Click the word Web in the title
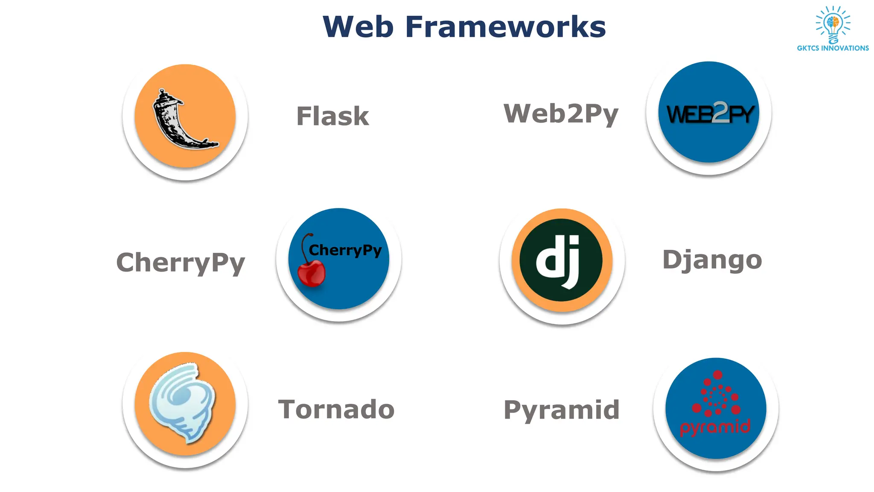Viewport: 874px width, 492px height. tap(358, 27)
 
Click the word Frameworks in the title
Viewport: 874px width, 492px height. tap(505, 27)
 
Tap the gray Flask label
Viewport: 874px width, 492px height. tap(332, 116)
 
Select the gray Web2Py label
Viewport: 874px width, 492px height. tap(561, 114)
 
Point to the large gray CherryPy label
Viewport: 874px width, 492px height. tap(181, 262)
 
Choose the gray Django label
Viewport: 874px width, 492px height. tap(712, 260)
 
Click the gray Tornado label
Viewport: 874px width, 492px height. tap(336, 409)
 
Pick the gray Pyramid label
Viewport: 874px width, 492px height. tap(561, 410)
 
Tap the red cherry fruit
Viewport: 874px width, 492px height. tap(312, 274)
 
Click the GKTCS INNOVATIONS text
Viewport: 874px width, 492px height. tap(833, 48)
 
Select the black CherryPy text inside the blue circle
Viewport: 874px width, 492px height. tap(345, 250)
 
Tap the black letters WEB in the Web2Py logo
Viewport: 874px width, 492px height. tap(689, 115)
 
